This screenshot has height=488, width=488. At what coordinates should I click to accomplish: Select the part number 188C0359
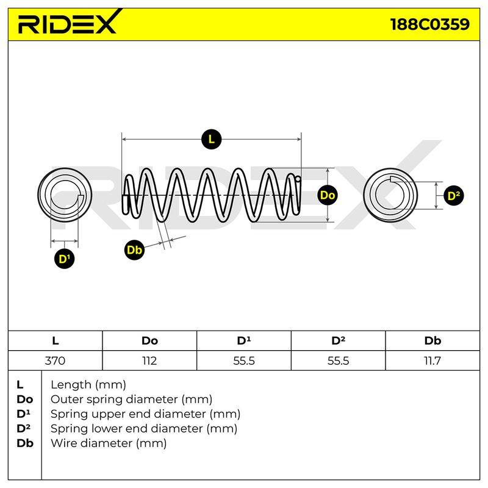click(x=430, y=24)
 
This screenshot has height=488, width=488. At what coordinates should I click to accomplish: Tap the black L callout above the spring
click(x=211, y=139)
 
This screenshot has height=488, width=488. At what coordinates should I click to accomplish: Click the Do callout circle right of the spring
click(x=328, y=195)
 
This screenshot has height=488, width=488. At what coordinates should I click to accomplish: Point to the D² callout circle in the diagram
click(x=453, y=196)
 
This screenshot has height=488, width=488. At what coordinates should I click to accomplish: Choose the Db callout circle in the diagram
click(x=134, y=250)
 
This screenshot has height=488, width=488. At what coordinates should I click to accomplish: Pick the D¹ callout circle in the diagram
click(x=65, y=259)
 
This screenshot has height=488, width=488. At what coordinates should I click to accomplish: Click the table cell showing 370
click(x=55, y=361)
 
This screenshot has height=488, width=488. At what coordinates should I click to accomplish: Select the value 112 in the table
click(x=149, y=361)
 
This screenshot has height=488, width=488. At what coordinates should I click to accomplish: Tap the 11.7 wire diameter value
click(x=432, y=361)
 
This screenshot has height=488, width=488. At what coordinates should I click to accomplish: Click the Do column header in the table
click(x=149, y=341)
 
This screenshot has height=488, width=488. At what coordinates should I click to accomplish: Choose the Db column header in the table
click(x=432, y=341)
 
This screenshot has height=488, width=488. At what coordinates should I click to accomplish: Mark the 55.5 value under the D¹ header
click(x=243, y=361)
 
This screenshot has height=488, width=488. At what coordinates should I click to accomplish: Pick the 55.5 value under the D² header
click(x=338, y=361)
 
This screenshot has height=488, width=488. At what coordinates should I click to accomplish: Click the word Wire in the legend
click(x=62, y=443)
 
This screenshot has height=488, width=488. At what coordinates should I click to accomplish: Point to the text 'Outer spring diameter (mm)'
click(x=131, y=400)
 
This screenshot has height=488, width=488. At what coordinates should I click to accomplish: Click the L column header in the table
click(x=55, y=341)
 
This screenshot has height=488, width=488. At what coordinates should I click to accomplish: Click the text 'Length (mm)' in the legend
click(x=88, y=386)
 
